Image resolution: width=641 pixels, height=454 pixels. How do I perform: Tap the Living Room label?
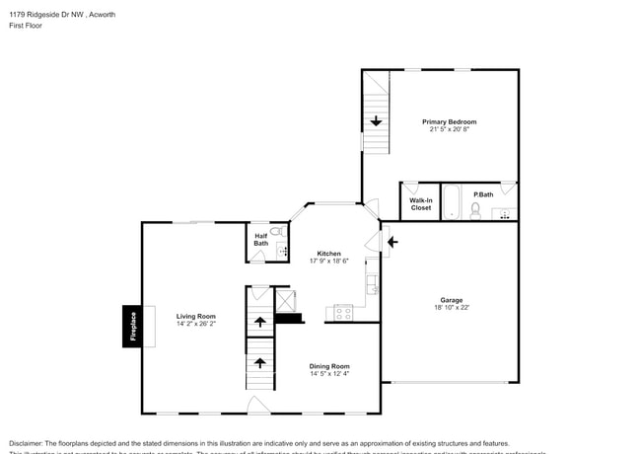click(195, 316)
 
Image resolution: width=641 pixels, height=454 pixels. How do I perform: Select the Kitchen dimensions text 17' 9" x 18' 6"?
click(329, 261)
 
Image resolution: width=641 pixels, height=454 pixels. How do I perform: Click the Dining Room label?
click(329, 365)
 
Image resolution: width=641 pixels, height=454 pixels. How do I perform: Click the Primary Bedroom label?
click(449, 121)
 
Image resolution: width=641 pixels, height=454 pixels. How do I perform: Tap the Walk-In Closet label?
click(420, 204)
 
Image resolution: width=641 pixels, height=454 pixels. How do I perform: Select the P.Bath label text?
click(483, 194)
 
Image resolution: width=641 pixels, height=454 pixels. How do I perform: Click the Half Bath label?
click(260, 240)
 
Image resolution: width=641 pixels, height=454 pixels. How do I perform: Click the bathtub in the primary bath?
click(451, 202)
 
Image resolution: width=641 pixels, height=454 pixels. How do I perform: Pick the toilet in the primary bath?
click(475, 210)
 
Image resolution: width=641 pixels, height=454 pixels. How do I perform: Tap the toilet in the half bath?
click(277, 232)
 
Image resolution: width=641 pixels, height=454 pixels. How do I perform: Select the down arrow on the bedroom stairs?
click(376, 122)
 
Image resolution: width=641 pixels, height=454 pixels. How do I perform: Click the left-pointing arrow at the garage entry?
click(392, 240)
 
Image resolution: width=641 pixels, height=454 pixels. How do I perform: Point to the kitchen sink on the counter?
click(371, 285)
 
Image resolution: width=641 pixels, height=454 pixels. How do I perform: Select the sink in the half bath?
click(282, 252)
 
